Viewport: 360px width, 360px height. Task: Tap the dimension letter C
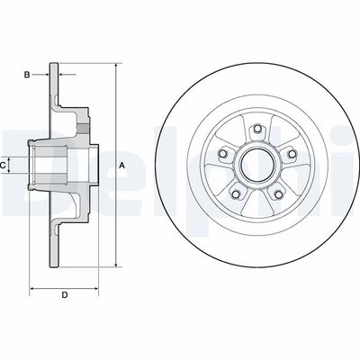[x=5, y=165]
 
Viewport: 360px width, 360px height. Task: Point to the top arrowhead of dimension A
[x=116, y=66]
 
